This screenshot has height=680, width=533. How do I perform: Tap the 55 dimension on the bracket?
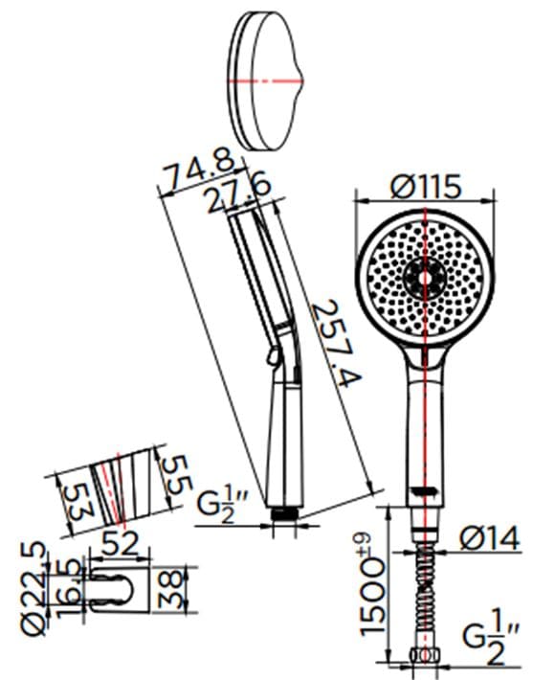(174, 474)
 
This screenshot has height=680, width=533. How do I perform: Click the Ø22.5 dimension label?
(33, 592)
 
